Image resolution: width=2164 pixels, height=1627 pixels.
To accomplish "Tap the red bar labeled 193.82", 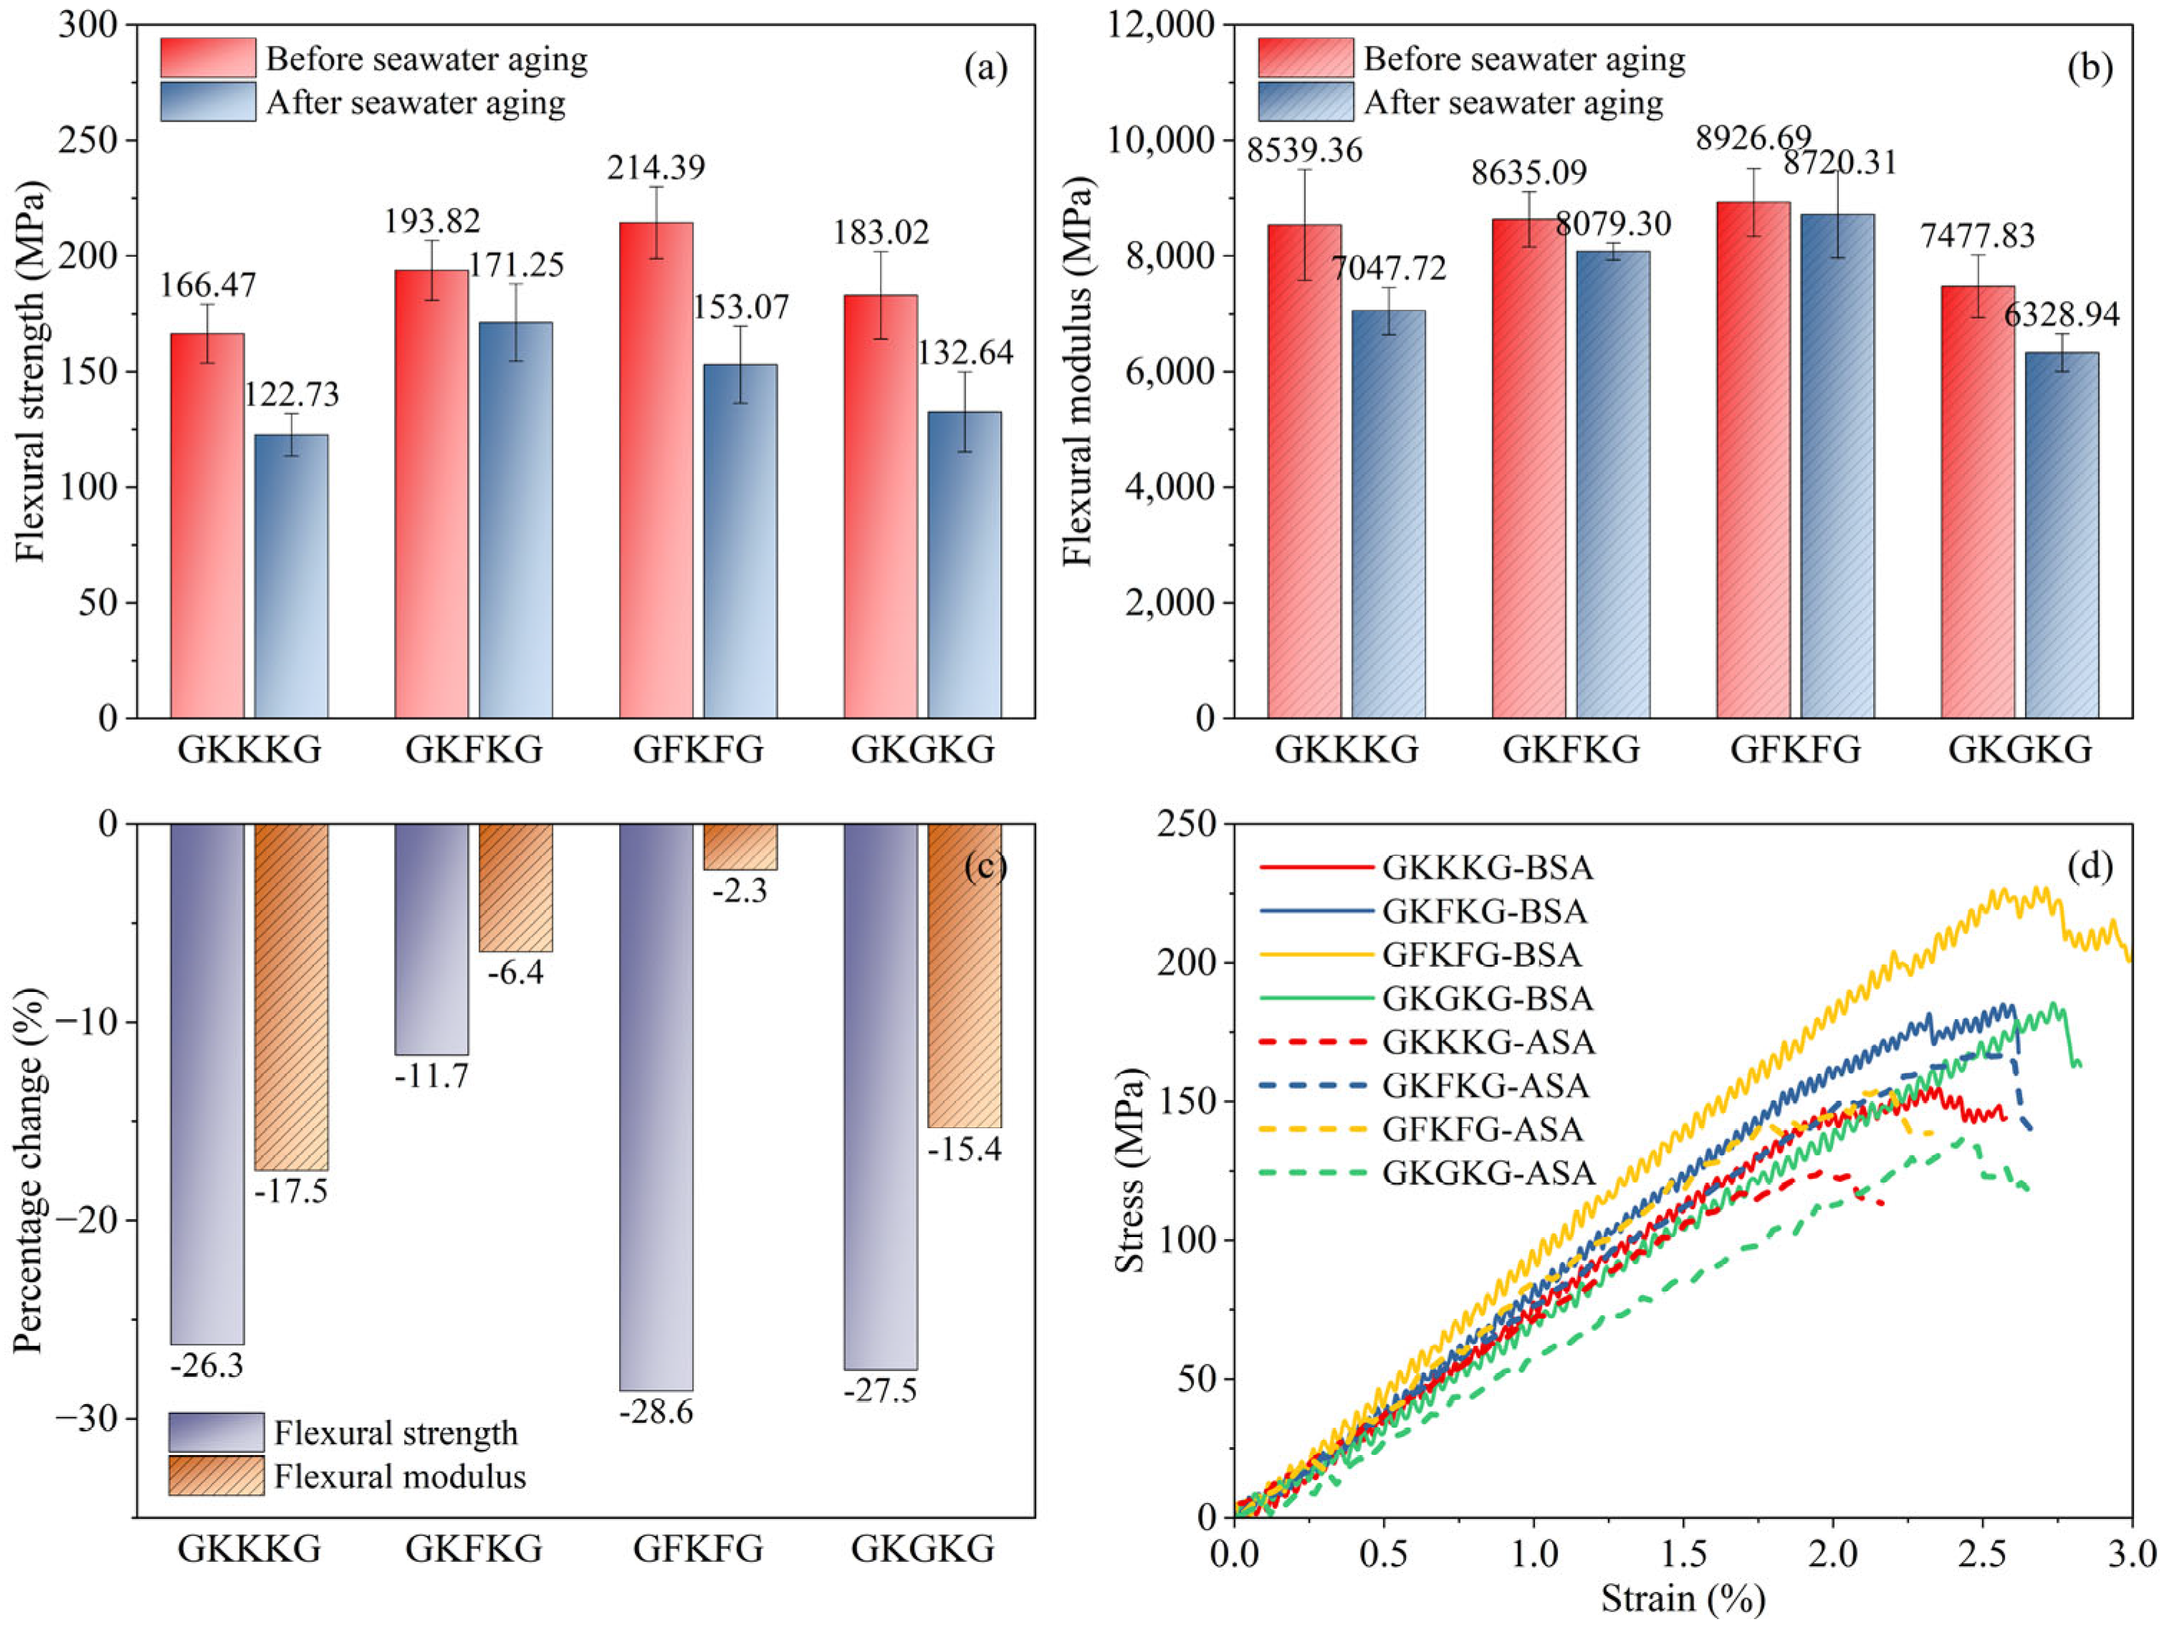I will [431, 493].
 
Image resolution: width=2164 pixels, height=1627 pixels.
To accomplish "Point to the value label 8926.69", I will [1753, 138].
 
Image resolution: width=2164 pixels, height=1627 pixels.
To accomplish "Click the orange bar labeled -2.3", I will [741, 846].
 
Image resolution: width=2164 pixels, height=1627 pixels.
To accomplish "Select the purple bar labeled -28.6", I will [656, 1105].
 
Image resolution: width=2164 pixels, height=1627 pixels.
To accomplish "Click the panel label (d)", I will [2089, 866].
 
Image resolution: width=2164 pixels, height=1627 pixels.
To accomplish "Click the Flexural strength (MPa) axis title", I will [32, 372].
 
